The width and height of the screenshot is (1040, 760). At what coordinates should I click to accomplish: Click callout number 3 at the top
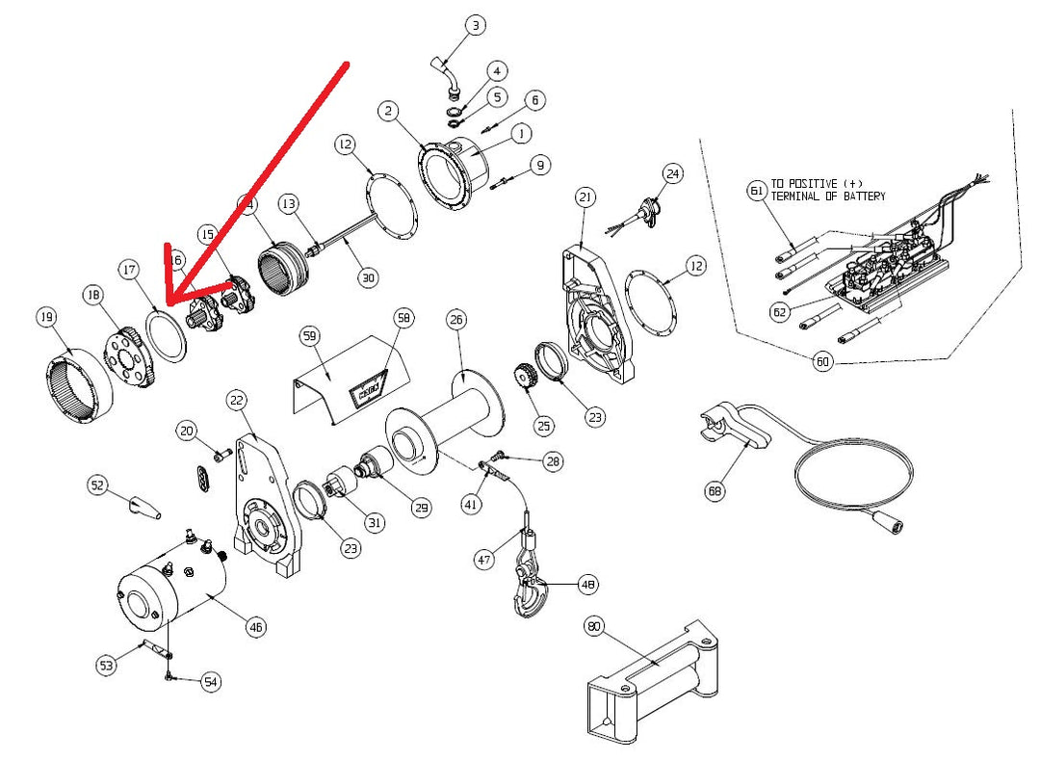click(476, 25)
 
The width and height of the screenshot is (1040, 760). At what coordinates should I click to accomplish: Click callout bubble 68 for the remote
click(715, 491)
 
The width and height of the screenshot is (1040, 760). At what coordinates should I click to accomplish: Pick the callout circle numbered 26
click(456, 319)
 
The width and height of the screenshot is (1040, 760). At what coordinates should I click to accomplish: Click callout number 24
click(672, 173)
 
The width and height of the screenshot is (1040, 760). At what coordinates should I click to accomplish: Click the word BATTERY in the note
click(861, 197)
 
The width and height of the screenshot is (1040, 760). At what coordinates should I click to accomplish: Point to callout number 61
click(756, 191)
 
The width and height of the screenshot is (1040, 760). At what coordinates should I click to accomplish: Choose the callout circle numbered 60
click(822, 363)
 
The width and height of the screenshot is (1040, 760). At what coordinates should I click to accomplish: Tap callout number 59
click(308, 336)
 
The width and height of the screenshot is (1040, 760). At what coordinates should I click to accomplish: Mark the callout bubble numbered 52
click(97, 486)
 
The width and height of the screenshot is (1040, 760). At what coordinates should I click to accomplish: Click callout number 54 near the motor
click(211, 682)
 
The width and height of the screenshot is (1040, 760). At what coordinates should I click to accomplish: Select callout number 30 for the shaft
click(368, 277)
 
